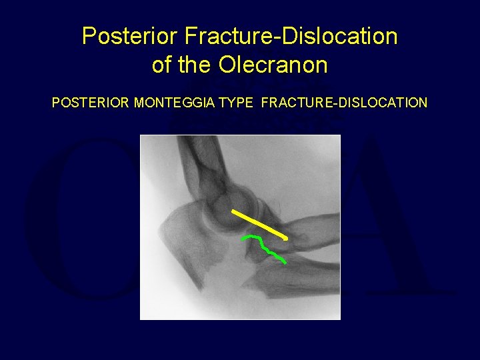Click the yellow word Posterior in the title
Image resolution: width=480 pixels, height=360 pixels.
tap(118, 36)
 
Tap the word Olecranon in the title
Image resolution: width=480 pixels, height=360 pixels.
tap(272, 65)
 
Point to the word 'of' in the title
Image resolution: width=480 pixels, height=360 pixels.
tap(162, 65)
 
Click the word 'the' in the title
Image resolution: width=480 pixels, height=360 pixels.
tap(195, 65)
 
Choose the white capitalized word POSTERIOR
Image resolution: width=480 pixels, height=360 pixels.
tap(91, 103)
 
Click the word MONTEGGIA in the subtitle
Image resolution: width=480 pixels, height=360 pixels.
tap(175, 103)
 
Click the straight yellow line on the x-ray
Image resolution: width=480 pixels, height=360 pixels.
tap(260, 224)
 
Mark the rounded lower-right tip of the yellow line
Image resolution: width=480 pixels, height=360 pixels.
tap(286, 237)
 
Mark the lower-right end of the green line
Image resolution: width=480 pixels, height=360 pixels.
tap(285, 262)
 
